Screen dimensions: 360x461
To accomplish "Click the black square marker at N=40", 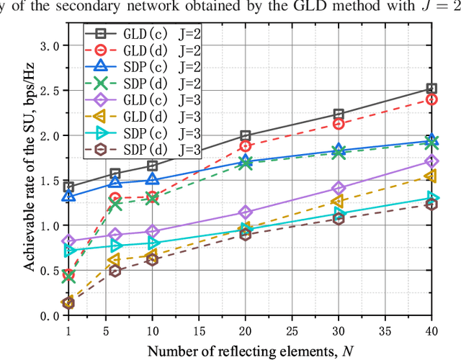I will tap(431, 89).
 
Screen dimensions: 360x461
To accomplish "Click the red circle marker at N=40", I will tap(431, 99).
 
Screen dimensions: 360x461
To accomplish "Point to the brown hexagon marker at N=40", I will tap(431, 204).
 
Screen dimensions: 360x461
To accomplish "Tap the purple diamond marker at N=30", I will tap(338, 189).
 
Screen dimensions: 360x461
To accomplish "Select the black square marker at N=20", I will tap(245, 135).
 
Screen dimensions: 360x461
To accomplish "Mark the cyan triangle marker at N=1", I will tap(69, 251).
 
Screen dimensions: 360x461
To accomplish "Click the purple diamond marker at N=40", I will tap(431, 161).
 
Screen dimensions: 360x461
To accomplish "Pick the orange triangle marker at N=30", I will tap(338, 201).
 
